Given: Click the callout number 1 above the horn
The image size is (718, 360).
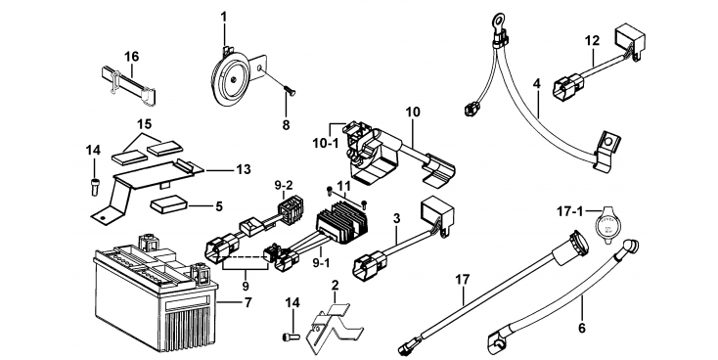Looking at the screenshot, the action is pyautogui.click(x=223, y=18).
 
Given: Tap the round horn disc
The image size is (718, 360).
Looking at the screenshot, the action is pyautogui.click(x=230, y=79).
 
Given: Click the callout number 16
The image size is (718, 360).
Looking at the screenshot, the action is pyautogui.click(x=131, y=57).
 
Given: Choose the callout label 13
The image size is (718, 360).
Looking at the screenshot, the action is pyautogui.click(x=244, y=169).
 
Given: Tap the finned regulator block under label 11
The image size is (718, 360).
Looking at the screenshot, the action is pyautogui.click(x=342, y=223).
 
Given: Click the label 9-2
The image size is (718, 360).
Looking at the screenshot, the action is pyautogui.click(x=284, y=186).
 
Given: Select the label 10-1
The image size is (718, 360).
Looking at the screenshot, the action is pyautogui.click(x=325, y=144).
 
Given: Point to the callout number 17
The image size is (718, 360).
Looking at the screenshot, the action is pyautogui.click(x=463, y=279).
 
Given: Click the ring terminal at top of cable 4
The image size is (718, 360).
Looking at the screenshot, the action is pyautogui.click(x=496, y=21).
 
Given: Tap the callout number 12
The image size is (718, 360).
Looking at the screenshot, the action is pyautogui.click(x=592, y=41).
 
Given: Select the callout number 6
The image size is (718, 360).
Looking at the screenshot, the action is pyautogui.click(x=582, y=328).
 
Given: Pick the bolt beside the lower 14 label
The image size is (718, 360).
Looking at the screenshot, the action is pyautogui.click(x=292, y=337).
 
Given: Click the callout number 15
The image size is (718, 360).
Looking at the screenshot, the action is pyautogui.click(x=144, y=124).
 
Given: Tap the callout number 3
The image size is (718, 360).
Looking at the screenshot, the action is pyautogui.click(x=396, y=218).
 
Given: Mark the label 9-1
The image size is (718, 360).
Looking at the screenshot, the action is pyautogui.click(x=321, y=263).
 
